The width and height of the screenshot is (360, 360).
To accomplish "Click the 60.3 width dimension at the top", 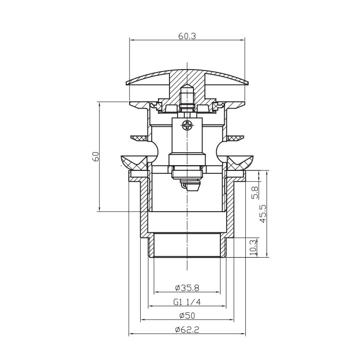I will pyautogui.click(x=187, y=36).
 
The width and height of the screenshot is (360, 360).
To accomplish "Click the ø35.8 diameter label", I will pyautogui.click(x=187, y=288).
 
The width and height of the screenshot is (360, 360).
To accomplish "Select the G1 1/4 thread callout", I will pyautogui.click(x=187, y=302).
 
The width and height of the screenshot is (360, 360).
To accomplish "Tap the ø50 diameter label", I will pyautogui.click(x=187, y=316).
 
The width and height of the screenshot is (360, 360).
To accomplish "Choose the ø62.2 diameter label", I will pyautogui.click(x=187, y=330).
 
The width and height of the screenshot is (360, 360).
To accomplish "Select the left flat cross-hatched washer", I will pyautogui.click(x=140, y=138).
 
